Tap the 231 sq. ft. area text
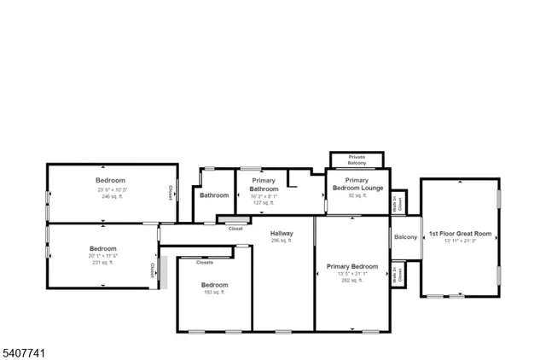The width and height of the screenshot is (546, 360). [x=103, y=263]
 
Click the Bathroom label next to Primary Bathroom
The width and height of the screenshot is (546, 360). [x=214, y=195]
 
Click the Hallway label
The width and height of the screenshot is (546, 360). [x=282, y=233]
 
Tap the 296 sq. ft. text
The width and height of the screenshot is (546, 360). [x=282, y=241]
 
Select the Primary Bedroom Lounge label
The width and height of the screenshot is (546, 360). [x=357, y=184]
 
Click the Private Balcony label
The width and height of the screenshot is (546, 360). [x=357, y=160]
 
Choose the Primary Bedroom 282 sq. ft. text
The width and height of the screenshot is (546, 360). [x=352, y=280]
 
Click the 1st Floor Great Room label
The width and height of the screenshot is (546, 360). [x=461, y=233]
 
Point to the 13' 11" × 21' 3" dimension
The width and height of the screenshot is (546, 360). [x=461, y=241]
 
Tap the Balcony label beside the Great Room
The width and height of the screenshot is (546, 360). [x=405, y=237]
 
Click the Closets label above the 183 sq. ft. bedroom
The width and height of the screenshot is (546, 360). [x=205, y=263]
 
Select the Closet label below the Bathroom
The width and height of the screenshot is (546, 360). [x=235, y=229]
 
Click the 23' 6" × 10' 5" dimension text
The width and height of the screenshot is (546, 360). [x=111, y=189]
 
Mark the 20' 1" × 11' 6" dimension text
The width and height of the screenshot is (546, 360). [x=103, y=256]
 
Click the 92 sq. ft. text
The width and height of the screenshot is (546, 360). [x=357, y=195]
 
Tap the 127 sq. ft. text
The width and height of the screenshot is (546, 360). [x=264, y=202]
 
